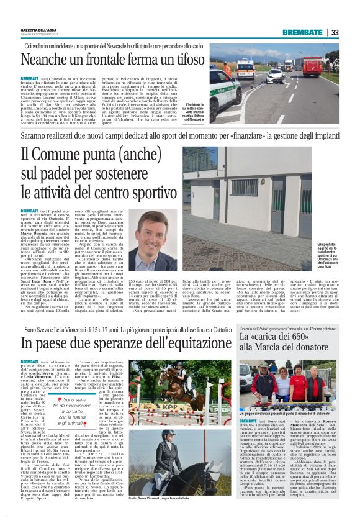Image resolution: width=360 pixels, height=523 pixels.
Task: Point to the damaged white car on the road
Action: pyautogui.click(x=274, y=76)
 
